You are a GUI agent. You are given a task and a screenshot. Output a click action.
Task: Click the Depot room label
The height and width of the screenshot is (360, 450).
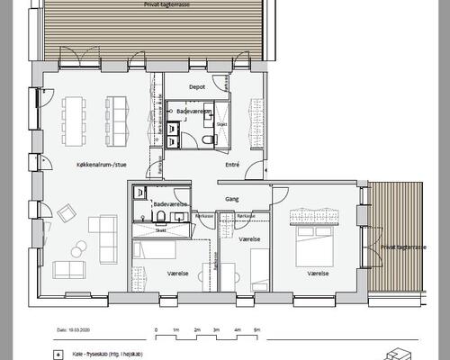[x=197, y=87]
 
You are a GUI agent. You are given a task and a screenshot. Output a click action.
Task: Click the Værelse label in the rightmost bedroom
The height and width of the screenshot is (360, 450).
[x=318, y=272]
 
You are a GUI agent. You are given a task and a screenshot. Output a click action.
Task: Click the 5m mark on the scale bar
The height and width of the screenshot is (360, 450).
[x=257, y=331]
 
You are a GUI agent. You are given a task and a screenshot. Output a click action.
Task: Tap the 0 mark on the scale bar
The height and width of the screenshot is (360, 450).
[x=156, y=331]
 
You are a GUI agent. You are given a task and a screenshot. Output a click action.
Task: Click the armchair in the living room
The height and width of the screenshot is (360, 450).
[x=67, y=213]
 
